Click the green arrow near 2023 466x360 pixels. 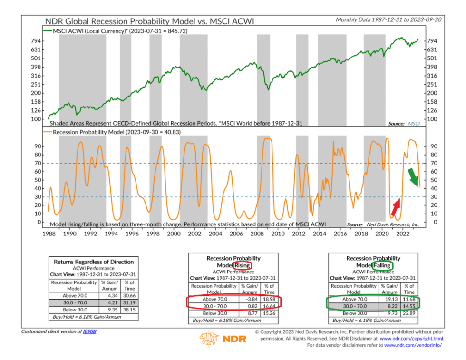tap(412, 176)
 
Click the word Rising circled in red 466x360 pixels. tap(242, 265)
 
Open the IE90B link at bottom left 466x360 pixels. tap(89, 331)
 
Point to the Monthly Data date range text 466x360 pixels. tap(388, 19)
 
